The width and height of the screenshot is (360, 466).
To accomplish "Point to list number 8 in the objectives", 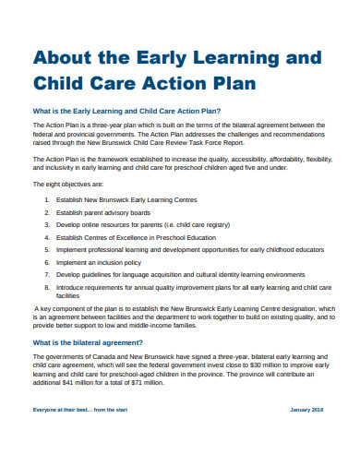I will point(46,286).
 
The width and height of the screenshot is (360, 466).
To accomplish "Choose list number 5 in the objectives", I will point(46,249).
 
